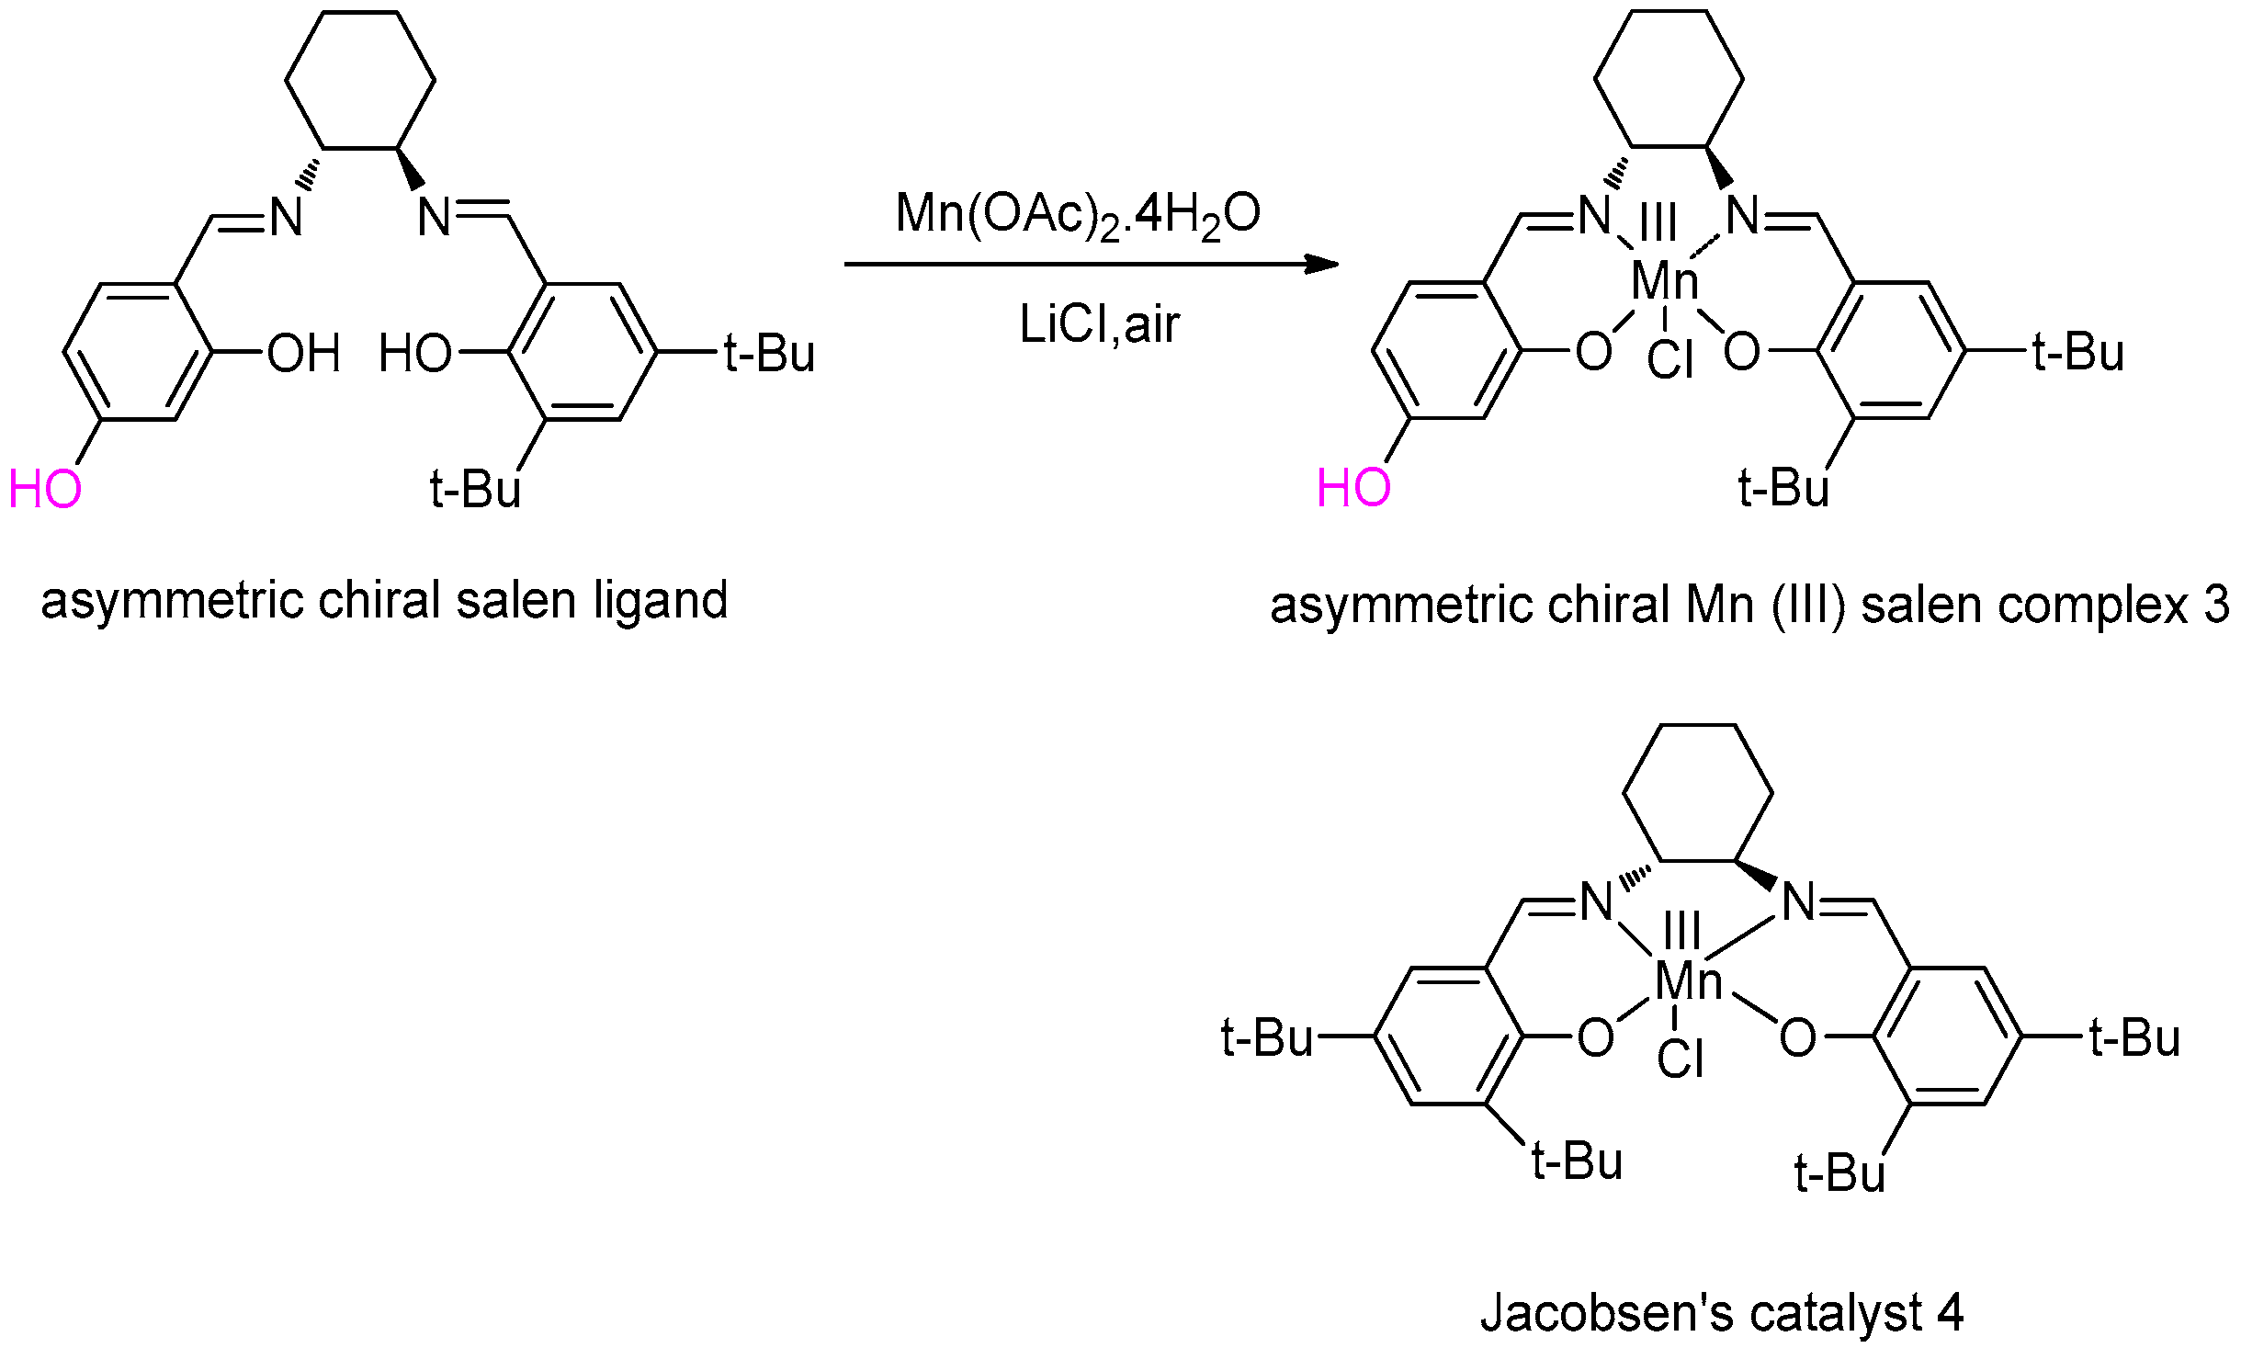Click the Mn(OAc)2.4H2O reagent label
1078,215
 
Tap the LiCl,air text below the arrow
1099,324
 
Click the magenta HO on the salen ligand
45,489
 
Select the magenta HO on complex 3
1353,488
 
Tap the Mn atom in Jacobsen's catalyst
1688,980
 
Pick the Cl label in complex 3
1669,359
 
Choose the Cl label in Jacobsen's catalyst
1680,1058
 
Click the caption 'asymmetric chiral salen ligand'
384,601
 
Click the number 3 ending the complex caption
2217,605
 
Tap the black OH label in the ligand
303,354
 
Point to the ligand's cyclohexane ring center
360,80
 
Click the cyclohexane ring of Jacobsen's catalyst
1698,793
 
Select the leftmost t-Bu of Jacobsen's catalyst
1266,1037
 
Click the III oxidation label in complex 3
1658,222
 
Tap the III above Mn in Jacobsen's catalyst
1681,930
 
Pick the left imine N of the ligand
286,218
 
